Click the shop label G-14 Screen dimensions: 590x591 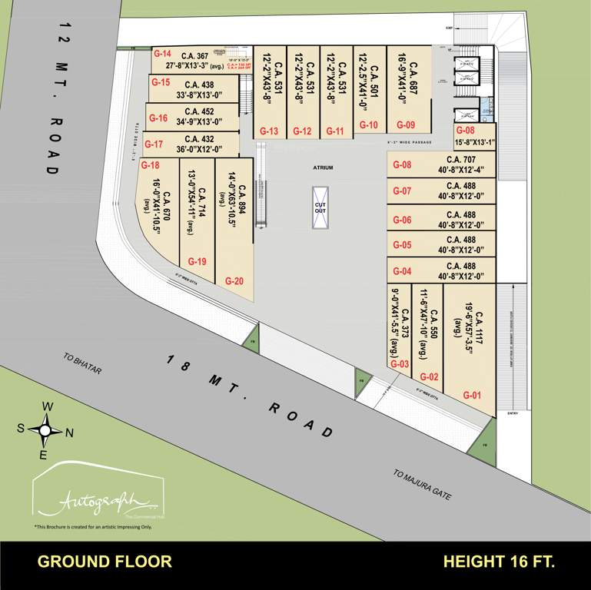point(161,55)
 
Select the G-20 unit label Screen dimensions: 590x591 point(234,281)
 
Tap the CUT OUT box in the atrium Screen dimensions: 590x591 point(320,207)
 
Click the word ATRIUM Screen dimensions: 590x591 point(323,166)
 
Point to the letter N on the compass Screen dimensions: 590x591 point(69,432)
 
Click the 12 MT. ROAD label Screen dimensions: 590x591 point(54,93)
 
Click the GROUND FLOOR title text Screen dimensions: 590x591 point(105,562)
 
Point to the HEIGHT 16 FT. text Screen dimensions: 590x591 point(499,562)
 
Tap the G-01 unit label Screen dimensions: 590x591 point(471,395)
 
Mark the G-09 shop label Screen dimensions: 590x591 point(405,124)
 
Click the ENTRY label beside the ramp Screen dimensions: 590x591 point(513,413)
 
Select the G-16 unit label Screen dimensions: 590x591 point(158,118)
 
